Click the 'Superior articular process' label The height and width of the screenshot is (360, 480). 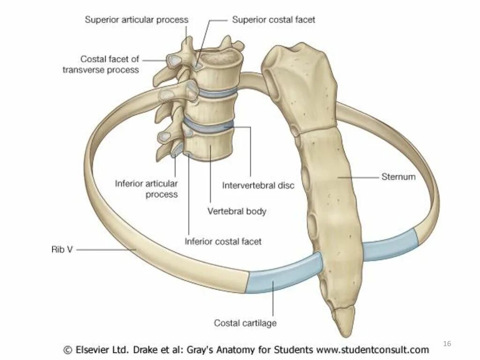click(136, 20)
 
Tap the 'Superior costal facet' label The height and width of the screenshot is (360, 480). click(274, 20)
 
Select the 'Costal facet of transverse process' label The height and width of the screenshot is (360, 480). click(110, 64)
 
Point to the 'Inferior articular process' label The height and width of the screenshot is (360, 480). click(146, 188)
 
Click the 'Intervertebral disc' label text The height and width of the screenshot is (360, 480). click(258, 185)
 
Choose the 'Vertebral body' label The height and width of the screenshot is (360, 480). click(237, 211)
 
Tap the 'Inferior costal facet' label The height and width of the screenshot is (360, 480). click(223, 241)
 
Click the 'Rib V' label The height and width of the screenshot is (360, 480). click(61, 250)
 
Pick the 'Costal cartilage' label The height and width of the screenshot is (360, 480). click(245, 322)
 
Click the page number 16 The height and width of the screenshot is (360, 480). click(447, 344)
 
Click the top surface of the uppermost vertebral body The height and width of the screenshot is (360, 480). click(219, 58)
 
